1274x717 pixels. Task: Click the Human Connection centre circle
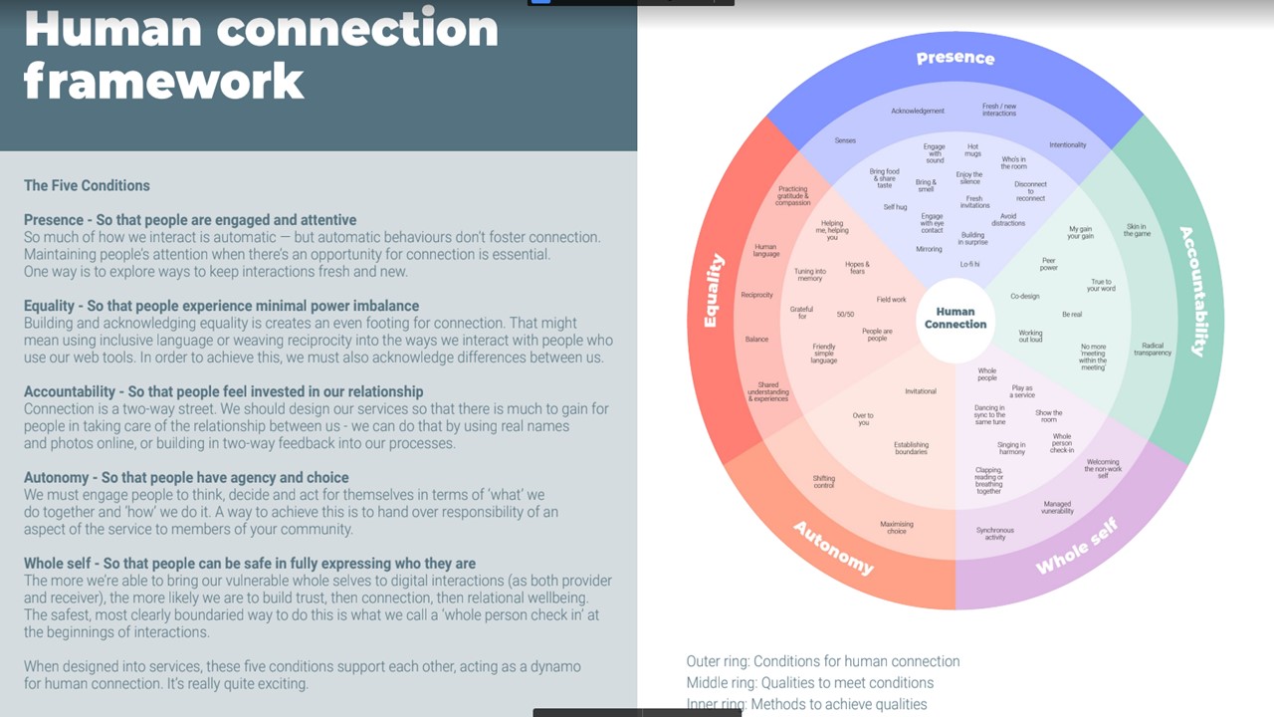[955, 318]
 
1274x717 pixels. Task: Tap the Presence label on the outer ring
[955, 58]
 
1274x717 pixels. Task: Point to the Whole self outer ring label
[1077, 547]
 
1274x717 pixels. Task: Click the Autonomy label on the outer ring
[833, 547]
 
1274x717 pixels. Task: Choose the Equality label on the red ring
[714, 291]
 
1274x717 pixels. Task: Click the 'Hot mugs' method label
[972, 150]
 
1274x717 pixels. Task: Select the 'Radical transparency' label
[1153, 349]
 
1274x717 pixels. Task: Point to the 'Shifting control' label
[824, 481]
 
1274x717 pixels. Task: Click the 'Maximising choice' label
[896, 528]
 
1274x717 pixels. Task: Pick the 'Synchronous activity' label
[995, 534]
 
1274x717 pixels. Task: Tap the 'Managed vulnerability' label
[1057, 507]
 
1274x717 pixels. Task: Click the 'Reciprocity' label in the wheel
[756, 295]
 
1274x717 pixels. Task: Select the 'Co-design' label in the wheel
[1024, 296]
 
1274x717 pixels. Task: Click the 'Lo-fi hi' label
[969, 264]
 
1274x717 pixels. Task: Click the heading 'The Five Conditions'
[87, 185]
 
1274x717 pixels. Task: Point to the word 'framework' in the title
[163, 80]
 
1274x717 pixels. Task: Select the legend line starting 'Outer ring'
[822, 661]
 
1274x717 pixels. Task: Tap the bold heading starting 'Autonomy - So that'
[186, 477]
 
